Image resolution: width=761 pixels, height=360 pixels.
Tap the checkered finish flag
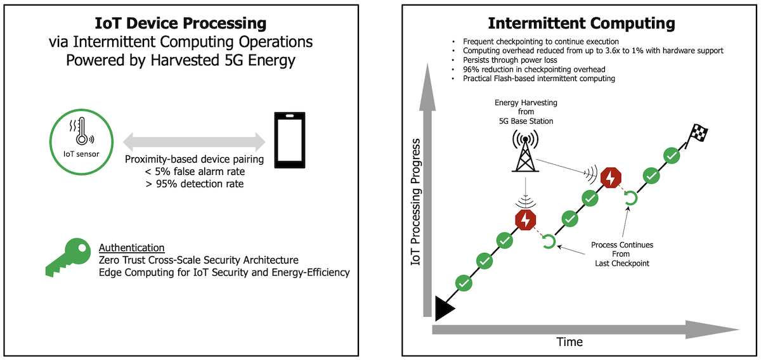click(x=698, y=134)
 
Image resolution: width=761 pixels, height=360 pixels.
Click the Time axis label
click(x=569, y=342)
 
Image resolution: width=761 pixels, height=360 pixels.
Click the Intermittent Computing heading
click(x=581, y=24)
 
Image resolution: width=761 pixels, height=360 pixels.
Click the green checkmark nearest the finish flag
click(x=672, y=155)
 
